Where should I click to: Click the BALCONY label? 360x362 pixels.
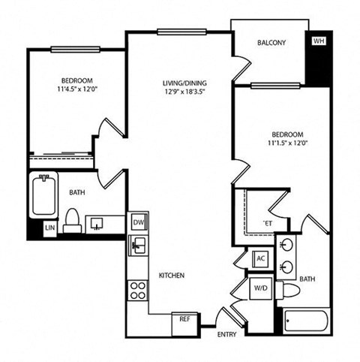pos(271,44)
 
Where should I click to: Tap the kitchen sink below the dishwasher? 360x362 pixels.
pos(137,244)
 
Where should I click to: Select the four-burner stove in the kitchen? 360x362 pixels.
pos(137,290)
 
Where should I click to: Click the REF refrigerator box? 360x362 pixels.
pos(183,318)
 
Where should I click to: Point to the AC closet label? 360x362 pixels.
pos(260,258)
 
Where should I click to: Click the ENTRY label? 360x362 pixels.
pos(227,333)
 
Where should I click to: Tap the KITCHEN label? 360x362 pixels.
pos(171,276)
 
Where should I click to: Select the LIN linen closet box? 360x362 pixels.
pos(50,227)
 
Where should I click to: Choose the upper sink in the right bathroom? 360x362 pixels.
pos(287,246)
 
